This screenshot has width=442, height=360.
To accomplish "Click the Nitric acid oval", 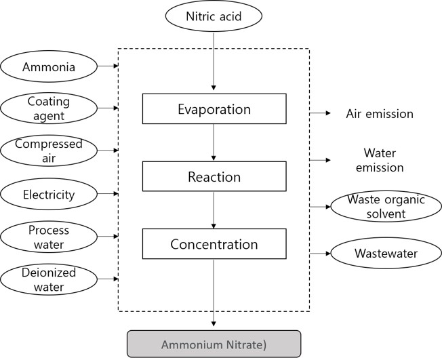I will tap(214, 16).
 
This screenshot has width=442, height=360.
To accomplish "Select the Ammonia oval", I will tap(49, 66).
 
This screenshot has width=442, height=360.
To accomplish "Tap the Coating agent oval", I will tap(49, 108).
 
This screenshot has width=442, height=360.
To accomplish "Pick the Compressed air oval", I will tap(49, 151).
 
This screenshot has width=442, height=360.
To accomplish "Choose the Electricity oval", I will tap(49, 195).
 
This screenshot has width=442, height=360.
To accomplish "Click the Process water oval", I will tap(49, 237).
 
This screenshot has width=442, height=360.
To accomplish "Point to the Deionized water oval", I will tap(49, 279).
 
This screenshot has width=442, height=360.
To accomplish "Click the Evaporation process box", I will tap(214, 109).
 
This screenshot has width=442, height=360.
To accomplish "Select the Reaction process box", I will tap(214, 177).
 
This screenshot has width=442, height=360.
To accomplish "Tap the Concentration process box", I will tap(214, 244).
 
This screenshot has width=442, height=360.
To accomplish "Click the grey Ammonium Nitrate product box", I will tap(214, 344).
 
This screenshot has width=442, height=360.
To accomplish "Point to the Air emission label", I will tap(380, 114).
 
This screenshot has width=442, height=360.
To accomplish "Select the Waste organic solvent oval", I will tap(385, 206).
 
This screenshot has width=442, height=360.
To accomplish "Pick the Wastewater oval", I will tap(385, 254).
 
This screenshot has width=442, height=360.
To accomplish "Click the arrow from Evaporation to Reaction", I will tap(214, 143).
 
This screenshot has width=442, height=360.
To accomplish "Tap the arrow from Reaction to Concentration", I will tap(214, 210).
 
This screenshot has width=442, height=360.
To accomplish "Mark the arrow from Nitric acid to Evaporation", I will tap(214, 61).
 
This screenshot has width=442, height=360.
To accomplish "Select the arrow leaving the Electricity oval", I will tap(108, 195).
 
